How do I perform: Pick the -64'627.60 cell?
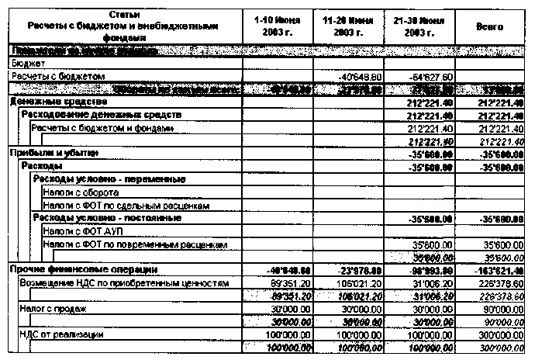(x=430, y=77)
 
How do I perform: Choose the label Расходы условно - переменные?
(x=109, y=178)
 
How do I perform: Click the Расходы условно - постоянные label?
(x=109, y=218)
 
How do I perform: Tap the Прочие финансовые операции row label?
(x=84, y=270)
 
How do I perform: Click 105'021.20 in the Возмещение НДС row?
(x=361, y=283)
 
